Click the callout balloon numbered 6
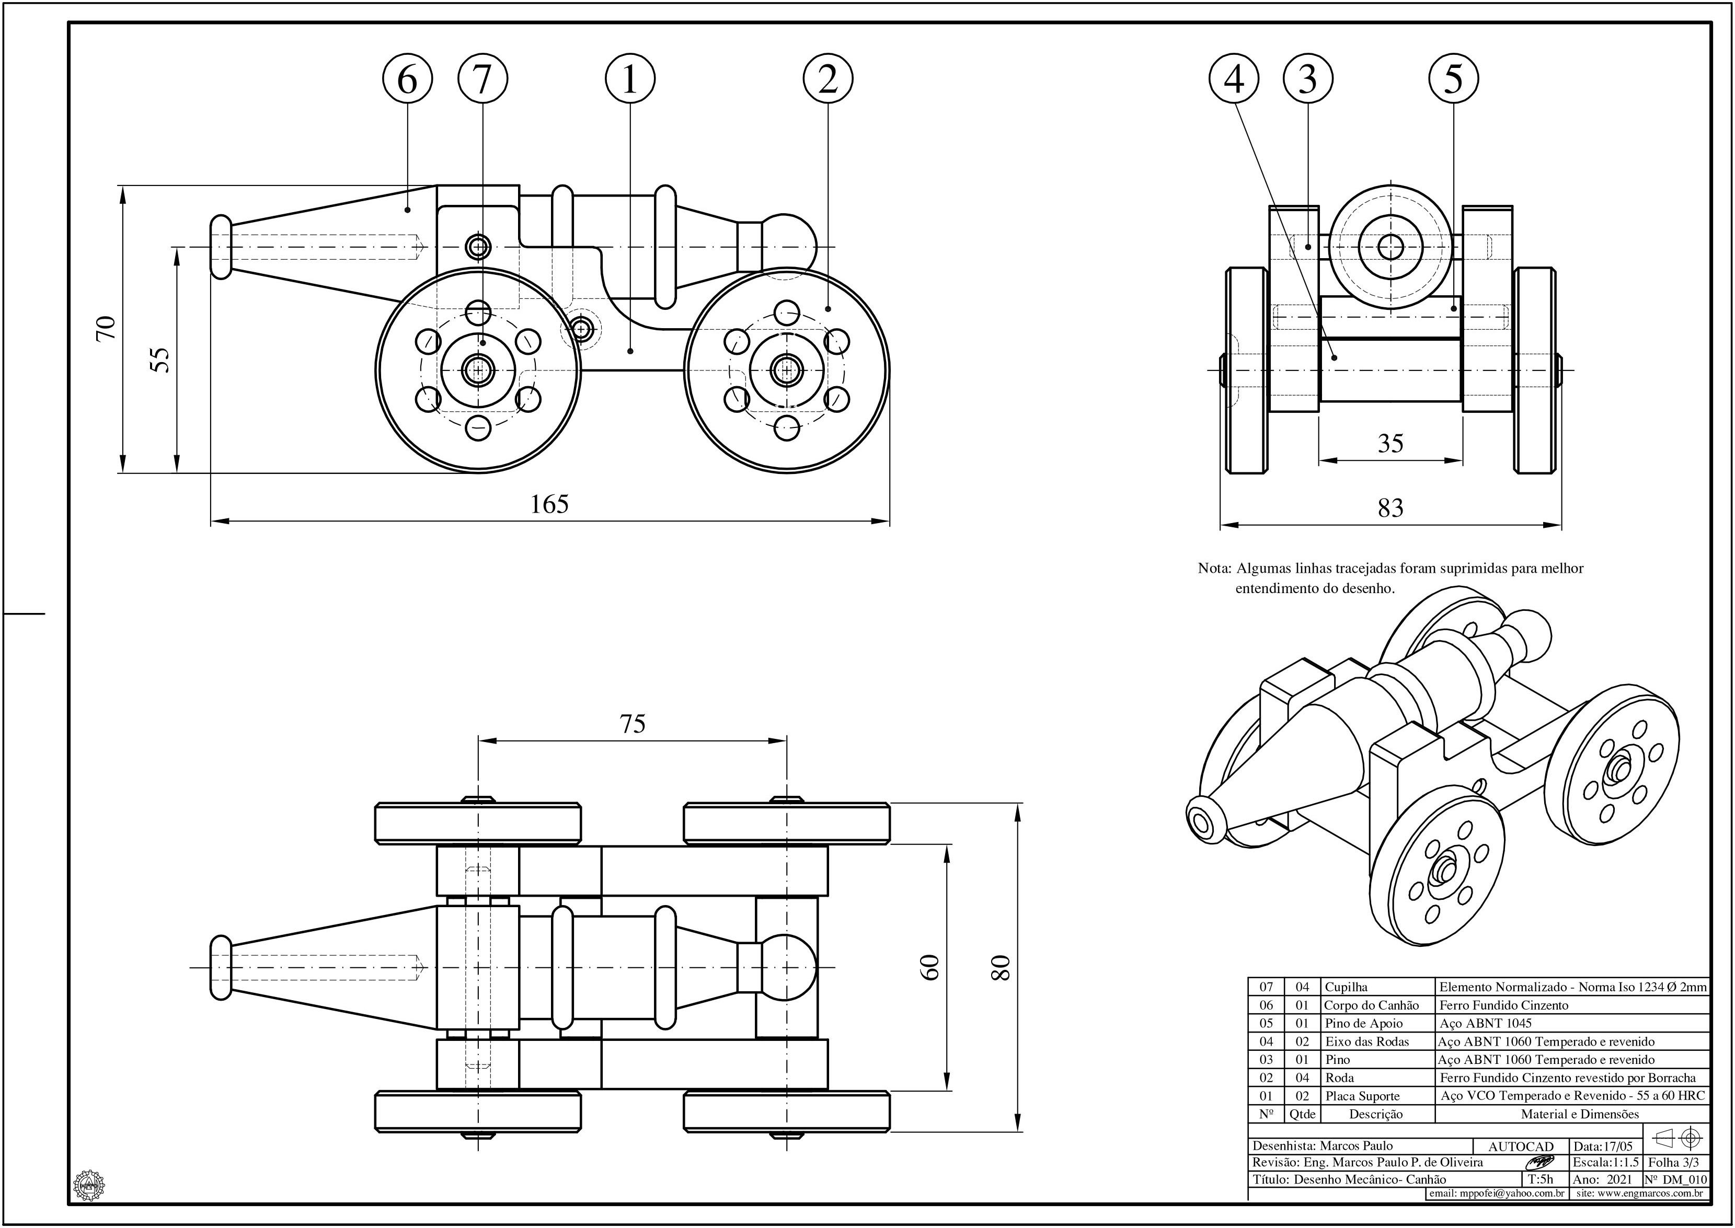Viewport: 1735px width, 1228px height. tap(407, 78)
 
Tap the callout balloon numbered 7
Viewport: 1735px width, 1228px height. tap(482, 78)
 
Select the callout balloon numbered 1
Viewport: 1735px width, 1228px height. tap(629, 78)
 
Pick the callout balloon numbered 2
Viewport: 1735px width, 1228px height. tap(828, 78)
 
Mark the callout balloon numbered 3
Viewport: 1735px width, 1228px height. tap(1308, 78)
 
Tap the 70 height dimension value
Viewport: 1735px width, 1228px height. tap(106, 328)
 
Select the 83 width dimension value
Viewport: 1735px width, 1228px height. tap(1390, 508)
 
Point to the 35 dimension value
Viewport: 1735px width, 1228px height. tap(1390, 443)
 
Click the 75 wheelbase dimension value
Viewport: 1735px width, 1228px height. tap(633, 724)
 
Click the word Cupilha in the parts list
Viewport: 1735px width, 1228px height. tap(1346, 987)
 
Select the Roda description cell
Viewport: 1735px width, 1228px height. tap(1339, 1078)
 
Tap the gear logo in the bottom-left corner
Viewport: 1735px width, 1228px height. tap(88, 1184)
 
